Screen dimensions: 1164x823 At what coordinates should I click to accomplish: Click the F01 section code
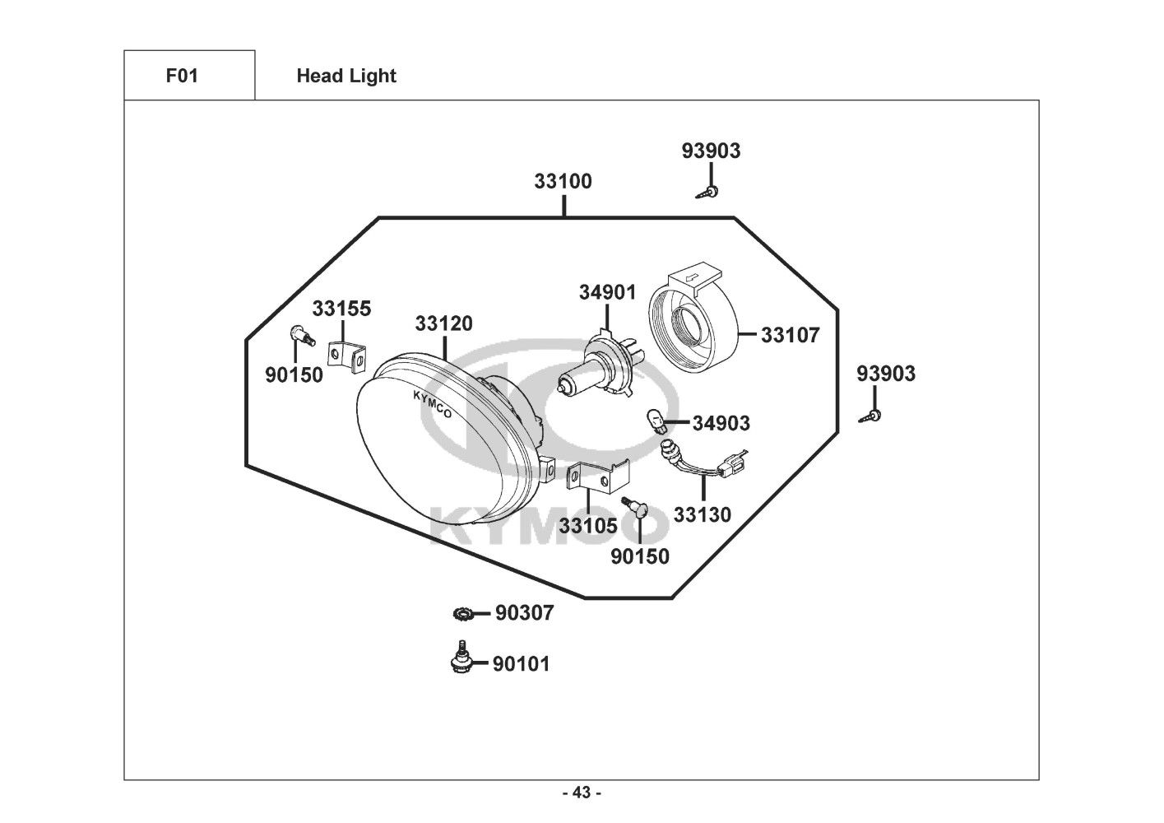pos(182,76)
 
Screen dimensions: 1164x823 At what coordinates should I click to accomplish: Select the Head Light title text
pos(346,76)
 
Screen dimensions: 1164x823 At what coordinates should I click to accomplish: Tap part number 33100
pos(563,181)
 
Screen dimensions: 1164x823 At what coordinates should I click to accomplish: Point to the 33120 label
pos(443,324)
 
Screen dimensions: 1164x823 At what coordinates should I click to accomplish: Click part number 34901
pos(607,293)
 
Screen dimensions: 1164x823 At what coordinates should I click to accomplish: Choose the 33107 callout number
pos(790,335)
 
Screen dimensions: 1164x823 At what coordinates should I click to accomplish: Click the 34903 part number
pos(721,423)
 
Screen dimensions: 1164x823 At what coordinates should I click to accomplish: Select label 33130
pos(703,514)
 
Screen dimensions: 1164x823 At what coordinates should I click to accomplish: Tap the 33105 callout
pos(588,526)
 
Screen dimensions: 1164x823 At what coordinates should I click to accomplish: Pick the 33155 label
pos(341,309)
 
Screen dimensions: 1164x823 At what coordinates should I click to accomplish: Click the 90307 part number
pos(524,613)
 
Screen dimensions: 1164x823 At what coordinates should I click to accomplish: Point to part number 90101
pos(522,664)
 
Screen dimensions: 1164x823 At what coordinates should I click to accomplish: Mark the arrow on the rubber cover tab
pos(692,279)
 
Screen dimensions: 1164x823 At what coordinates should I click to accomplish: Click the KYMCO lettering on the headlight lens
pos(433,404)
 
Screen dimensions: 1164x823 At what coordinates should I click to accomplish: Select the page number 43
pos(582,793)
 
